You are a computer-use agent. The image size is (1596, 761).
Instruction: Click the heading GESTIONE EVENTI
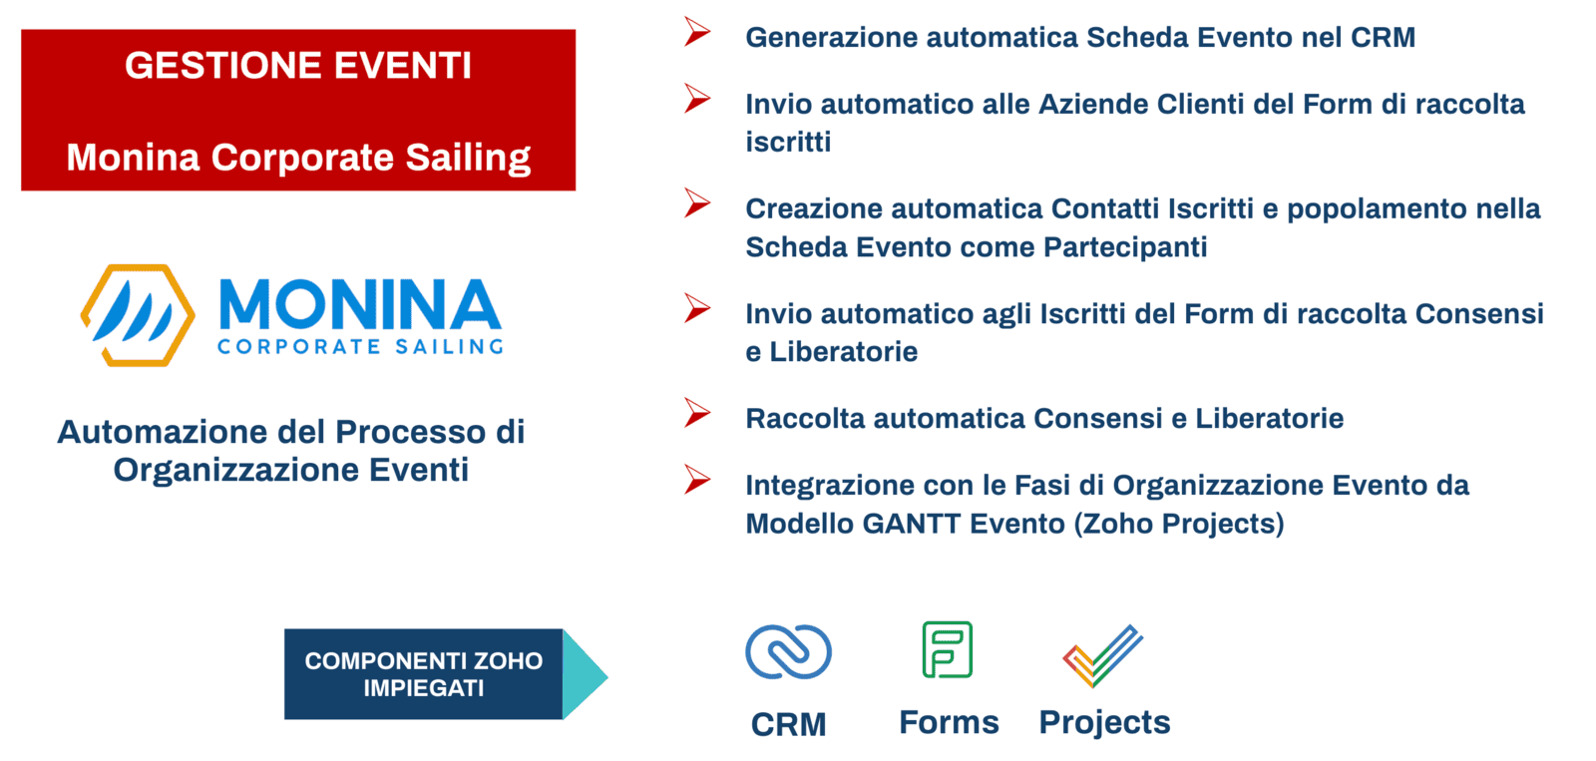coord(298,66)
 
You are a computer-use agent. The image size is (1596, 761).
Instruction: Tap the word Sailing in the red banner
coord(468,159)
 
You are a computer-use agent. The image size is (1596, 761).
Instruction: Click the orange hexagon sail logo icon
coord(138,315)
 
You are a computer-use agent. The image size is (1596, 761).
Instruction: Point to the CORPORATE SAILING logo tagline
coord(360,347)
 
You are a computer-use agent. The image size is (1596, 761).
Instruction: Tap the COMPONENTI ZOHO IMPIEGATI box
coord(423,674)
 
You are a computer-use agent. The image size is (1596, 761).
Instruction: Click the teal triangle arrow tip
coord(607,675)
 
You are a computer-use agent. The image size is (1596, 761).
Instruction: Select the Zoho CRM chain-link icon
coord(788,652)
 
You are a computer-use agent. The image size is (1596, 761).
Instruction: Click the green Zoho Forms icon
coord(948,649)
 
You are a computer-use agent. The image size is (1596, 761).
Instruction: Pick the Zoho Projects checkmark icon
coord(1102,655)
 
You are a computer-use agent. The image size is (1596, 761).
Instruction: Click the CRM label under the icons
coord(789,725)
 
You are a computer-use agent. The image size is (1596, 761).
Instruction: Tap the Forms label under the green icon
coord(949,722)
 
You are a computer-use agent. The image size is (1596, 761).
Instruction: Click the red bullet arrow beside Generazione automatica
coord(697,31)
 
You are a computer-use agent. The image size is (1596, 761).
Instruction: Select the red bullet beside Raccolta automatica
coord(697,413)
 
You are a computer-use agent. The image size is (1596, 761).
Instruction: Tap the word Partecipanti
coord(1125,248)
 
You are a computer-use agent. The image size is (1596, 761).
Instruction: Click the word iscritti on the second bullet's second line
coord(788,142)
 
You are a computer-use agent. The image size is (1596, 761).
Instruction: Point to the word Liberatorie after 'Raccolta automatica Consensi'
coord(1269,418)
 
